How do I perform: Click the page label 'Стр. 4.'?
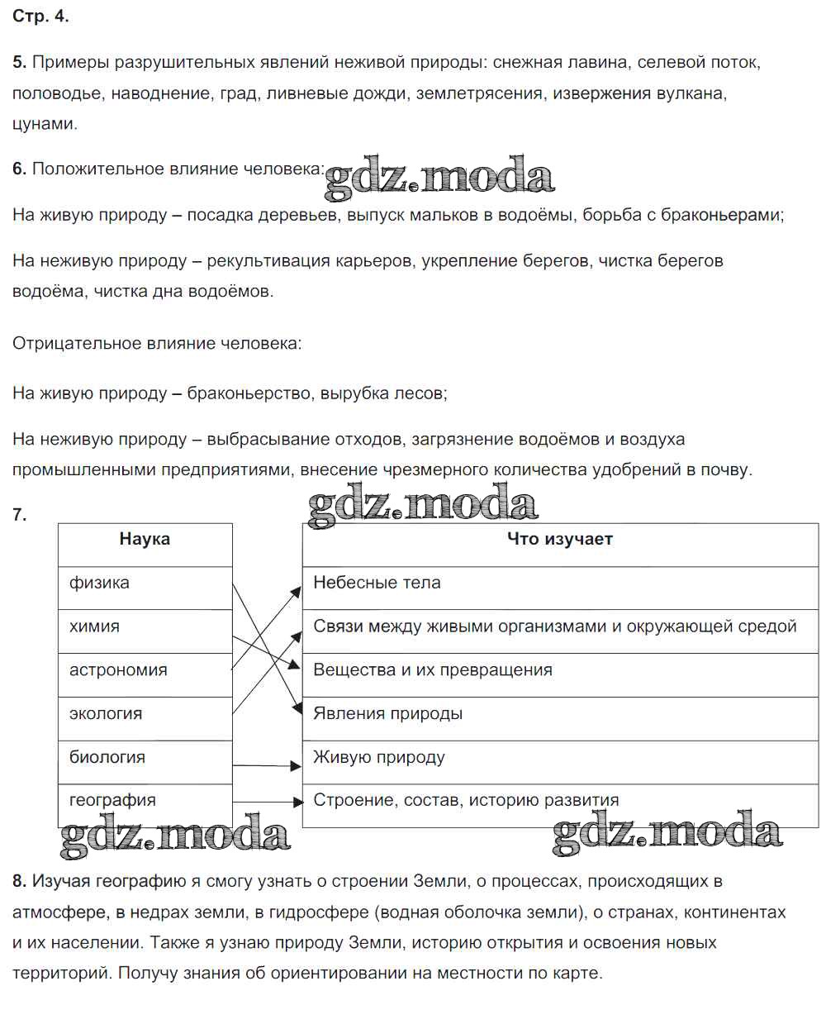tap(40, 17)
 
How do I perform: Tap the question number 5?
tap(19, 62)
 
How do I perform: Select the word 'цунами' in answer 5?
tap(45, 124)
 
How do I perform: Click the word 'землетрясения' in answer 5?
tap(480, 93)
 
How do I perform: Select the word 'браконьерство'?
tap(249, 393)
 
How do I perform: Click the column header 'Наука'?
tap(145, 539)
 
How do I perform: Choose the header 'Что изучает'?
tap(559, 539)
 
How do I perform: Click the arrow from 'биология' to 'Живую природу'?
tap(267, 765)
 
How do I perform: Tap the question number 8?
tap(19, 881)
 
